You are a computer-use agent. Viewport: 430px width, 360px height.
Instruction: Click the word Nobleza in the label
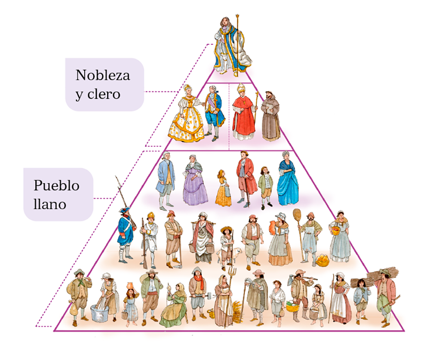tap(103, 75)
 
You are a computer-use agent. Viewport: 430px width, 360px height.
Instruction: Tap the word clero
tap(104, 94)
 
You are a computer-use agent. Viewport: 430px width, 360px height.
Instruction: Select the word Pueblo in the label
tap(56, 185)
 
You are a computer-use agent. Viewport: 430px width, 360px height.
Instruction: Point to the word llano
tap(49, 204)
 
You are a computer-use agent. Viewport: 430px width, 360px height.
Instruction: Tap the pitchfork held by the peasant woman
tap(231, 296)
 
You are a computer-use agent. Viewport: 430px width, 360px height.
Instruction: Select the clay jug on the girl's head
tap(131, 286)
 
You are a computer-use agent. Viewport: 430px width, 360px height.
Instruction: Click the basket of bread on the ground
tap(322, 260)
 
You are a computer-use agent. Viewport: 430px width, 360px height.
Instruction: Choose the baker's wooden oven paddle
tap(299, 233)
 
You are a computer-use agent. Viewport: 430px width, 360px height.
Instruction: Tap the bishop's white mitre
tap(241, 88)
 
